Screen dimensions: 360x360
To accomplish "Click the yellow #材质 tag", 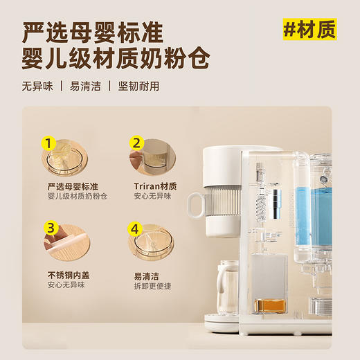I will pos(309,30).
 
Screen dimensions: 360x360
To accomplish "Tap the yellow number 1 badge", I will pos(48,144).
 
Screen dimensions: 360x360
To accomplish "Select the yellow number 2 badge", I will pos(137,144).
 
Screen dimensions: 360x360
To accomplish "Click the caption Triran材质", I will pos(155,186).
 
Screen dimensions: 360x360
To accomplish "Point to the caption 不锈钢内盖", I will pos(67,275).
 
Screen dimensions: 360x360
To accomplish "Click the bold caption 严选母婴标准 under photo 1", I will pos(72,186).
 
